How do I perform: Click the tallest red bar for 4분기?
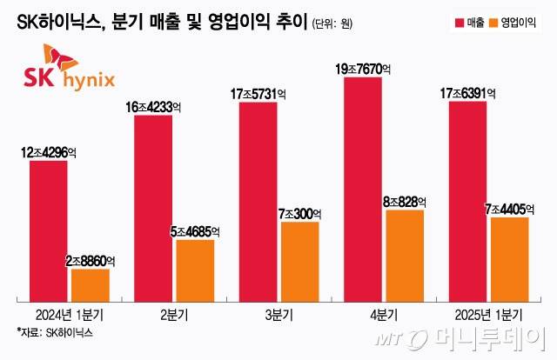coord(364,191)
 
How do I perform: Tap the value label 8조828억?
coord(404,202)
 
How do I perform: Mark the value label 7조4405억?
coord(509,210)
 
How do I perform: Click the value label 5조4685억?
coord(195,231)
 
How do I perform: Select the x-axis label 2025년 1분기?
coord(489,313)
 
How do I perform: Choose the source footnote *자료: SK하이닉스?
coord(54,332)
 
